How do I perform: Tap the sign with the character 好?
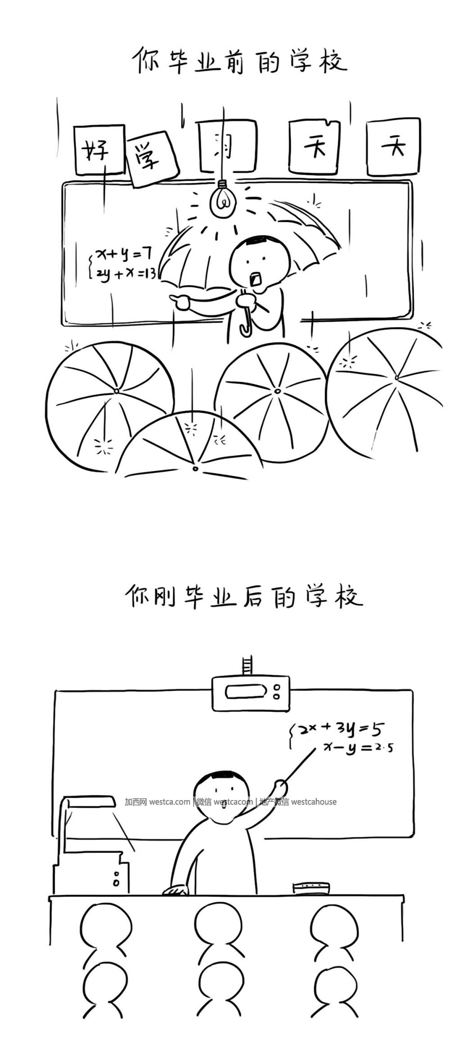[99, 150]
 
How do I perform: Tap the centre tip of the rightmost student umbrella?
[396, 377]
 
